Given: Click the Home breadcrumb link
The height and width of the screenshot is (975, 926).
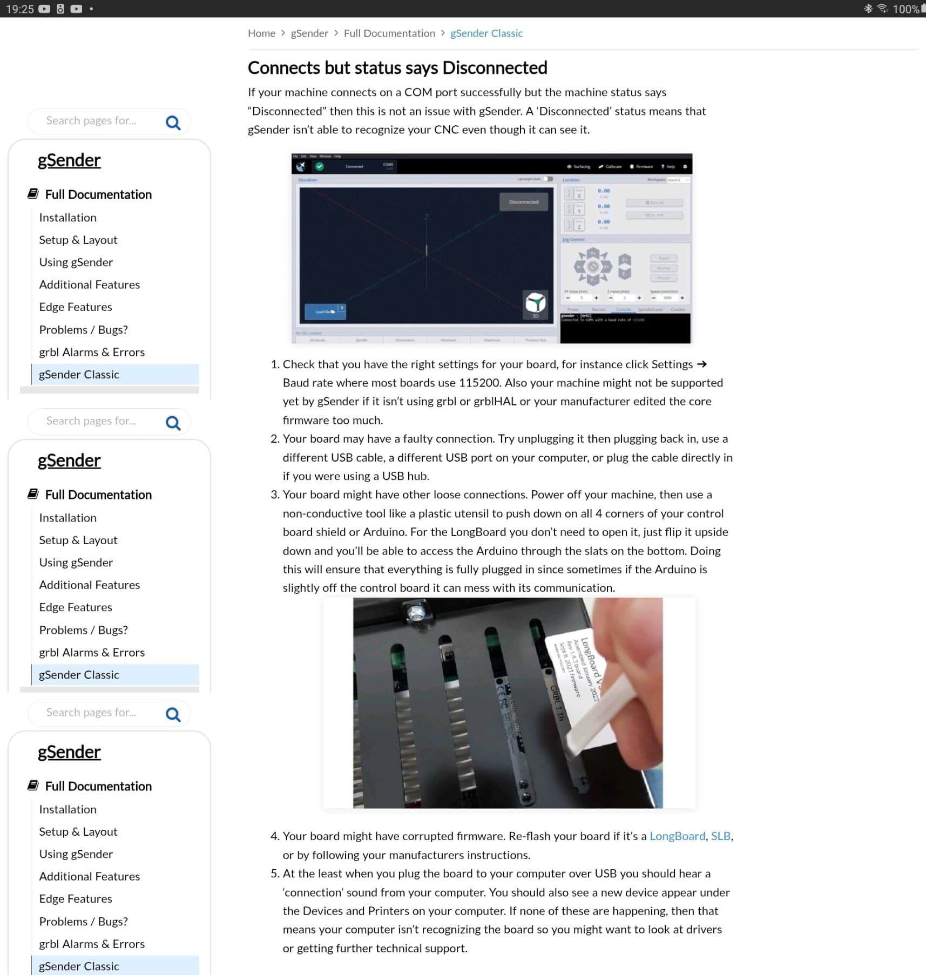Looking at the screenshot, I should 261,33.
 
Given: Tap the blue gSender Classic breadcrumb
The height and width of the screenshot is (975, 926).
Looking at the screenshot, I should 486,33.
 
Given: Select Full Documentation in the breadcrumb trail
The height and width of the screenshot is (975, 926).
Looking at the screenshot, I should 389,33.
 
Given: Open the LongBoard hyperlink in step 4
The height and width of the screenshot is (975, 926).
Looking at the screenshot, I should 677,836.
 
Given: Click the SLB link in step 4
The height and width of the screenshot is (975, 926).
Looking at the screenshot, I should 720,836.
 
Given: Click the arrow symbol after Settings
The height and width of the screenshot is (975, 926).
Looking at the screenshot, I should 701,364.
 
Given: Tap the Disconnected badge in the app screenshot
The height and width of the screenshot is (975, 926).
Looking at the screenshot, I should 524,202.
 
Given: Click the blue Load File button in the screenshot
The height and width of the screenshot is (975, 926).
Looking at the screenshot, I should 325,312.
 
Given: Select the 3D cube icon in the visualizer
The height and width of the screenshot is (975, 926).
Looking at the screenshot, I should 535,303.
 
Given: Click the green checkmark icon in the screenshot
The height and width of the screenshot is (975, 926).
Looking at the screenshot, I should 320,166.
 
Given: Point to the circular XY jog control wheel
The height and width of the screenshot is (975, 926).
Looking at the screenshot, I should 593,267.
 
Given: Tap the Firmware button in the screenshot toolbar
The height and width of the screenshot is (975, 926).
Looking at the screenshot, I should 641,167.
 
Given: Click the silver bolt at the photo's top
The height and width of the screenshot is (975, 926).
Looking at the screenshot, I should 415,612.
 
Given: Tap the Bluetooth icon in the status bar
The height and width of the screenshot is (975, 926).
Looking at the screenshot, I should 868,9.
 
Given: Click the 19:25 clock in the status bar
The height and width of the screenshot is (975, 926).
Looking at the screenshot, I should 20,9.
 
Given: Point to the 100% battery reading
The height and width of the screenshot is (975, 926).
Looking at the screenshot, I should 905,9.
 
